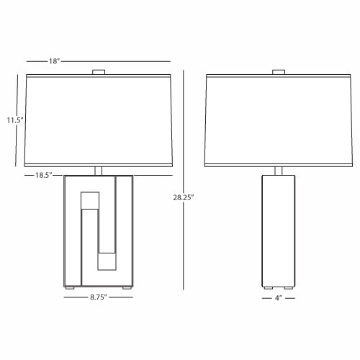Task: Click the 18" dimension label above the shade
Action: click(54, 61)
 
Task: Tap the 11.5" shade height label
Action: click(15, 120)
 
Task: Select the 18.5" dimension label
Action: click(44, 175)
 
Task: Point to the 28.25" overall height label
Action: click(184, 197)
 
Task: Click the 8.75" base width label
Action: click(99, 297)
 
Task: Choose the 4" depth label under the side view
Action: click(279, 298)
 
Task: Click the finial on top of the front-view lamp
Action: click(99, 72)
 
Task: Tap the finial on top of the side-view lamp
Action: click(279, 72)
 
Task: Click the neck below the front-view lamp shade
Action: click(99, 171)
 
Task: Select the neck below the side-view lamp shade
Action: click(279, 171)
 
